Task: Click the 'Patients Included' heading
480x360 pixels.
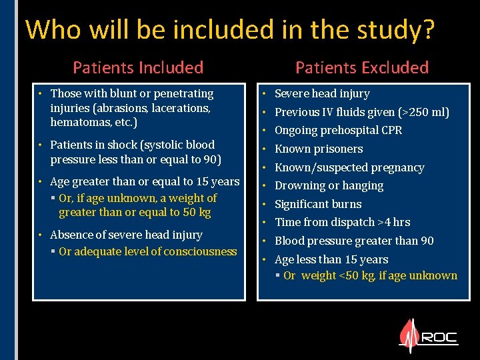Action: click(138, 67)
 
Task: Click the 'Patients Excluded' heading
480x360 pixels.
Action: click(362, 67)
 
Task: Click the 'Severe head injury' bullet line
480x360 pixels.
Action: click(322, 94)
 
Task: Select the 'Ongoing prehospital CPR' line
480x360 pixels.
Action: click(338, 131)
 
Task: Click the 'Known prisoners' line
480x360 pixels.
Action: click(319, 149)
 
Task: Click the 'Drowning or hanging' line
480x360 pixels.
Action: click(329, 186)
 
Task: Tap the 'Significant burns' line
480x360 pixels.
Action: click(318, 205)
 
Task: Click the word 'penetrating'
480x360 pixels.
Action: click(182, 94)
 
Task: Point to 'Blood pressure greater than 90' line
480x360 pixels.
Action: click(354, 241)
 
